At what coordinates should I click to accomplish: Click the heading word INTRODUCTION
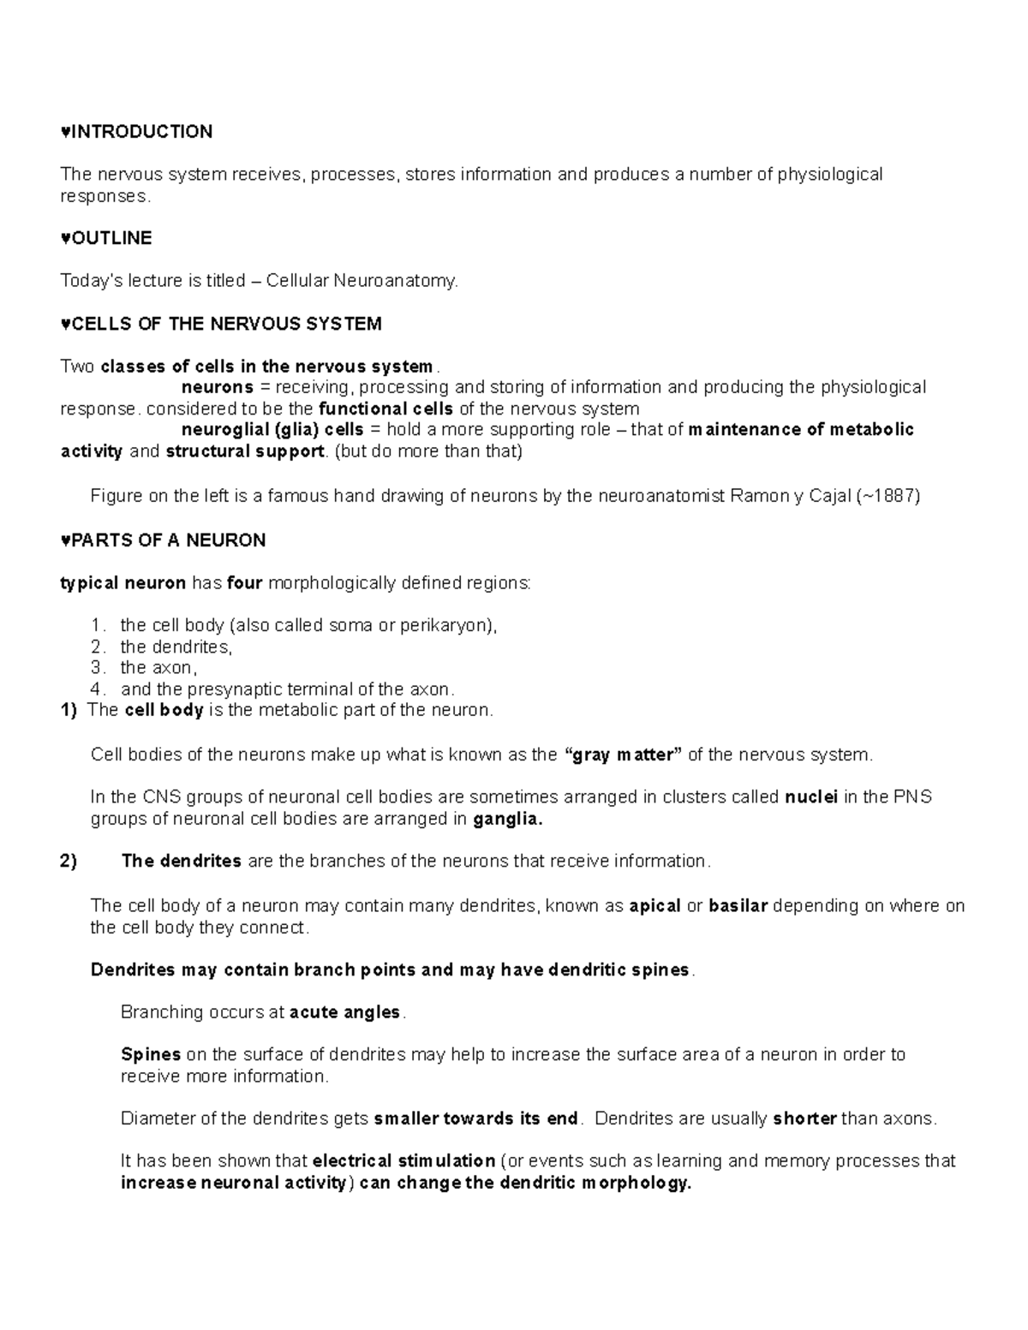[140, 132]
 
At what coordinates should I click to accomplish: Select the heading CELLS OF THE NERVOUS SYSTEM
[226, 324]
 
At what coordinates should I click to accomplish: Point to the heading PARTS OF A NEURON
[168, 540]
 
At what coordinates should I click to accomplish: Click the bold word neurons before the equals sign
[217, 387]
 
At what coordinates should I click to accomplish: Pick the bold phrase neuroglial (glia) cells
[272, 430]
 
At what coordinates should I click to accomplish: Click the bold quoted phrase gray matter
[625, 755]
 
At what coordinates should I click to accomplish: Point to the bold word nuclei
[811, 797]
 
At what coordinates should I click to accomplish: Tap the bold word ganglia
[508, 820]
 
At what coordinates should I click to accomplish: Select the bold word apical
[654, 906]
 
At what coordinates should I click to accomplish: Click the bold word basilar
[738, 906]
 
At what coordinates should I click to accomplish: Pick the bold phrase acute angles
[345, 1012]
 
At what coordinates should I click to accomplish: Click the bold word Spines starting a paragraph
[151, 1055]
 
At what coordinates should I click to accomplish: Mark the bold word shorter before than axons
[804, 1119]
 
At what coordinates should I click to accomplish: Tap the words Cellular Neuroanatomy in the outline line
[362, 281]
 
